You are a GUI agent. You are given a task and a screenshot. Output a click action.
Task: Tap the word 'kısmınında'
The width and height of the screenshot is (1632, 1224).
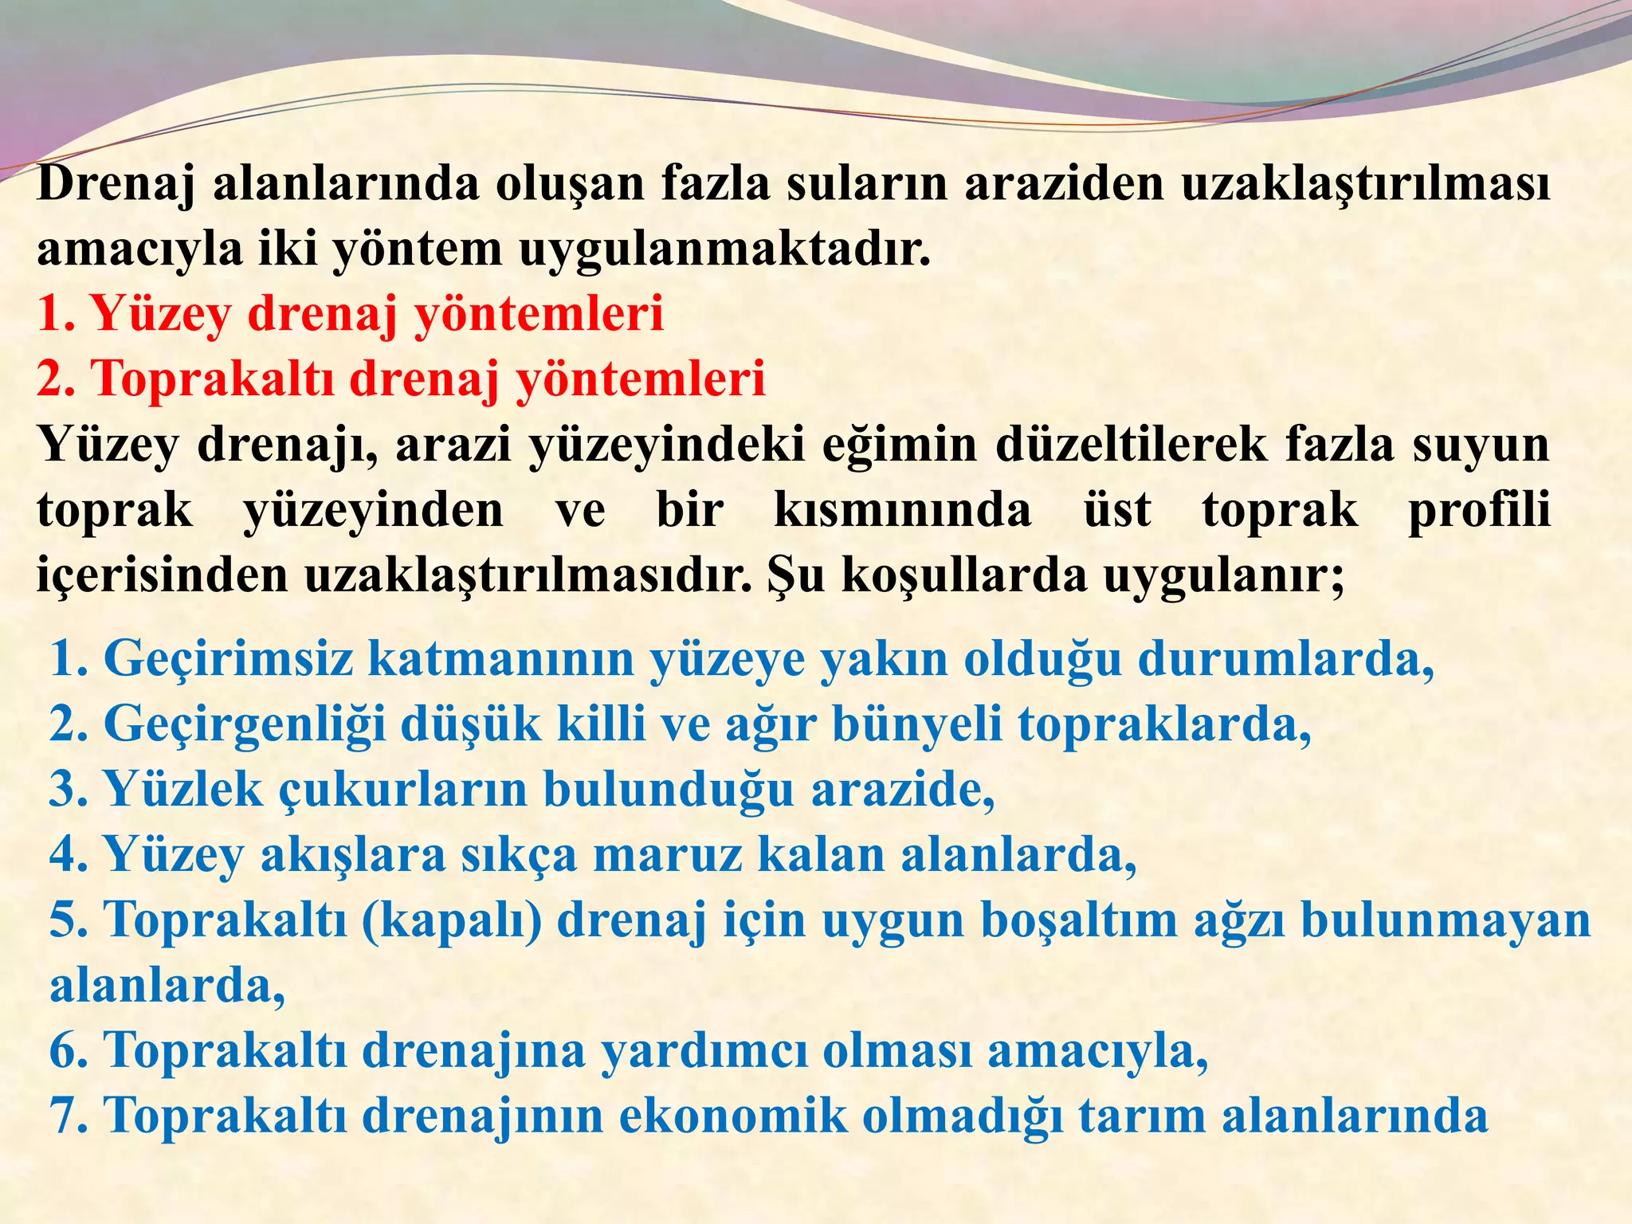click(903, 510)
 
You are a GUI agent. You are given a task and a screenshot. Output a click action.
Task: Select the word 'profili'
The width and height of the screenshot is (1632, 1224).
click(1478, 510)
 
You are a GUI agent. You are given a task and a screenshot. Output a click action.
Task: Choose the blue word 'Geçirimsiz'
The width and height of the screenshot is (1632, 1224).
click(228, 659)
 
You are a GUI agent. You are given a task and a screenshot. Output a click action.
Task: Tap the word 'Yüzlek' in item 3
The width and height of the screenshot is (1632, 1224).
click(182, 790)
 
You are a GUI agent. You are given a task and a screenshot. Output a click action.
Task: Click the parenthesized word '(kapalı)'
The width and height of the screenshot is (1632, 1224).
click(452, 921)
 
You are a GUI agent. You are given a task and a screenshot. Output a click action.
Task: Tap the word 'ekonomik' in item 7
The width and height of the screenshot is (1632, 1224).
click(733, 1116)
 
